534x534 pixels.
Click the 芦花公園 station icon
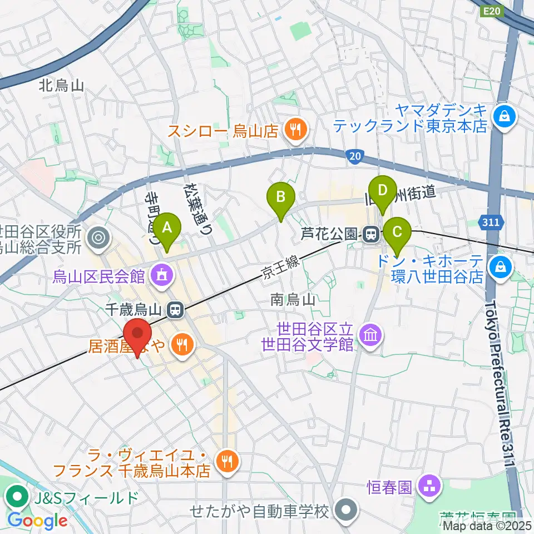coord(372,234)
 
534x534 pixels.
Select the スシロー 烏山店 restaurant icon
coord(293,131)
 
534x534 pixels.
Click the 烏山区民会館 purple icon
coord(162,274)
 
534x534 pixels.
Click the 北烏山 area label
coord(61,85)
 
